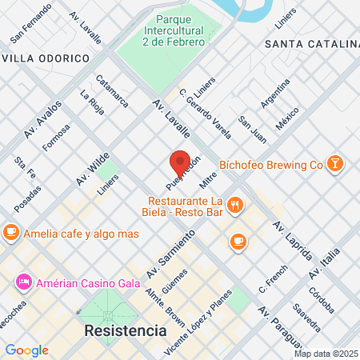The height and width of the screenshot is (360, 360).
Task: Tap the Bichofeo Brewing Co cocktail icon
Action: (335, 164)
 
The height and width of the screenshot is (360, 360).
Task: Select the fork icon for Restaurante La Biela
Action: (234, 206)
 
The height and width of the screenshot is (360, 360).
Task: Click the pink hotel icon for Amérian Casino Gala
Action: (23, 282)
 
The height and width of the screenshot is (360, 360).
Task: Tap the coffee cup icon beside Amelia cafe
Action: (10, 232)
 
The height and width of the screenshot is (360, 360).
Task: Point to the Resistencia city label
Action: (126, 330)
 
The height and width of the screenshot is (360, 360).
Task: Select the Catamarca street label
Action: (111, 91)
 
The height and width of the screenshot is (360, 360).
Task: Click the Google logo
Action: (26, 350)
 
